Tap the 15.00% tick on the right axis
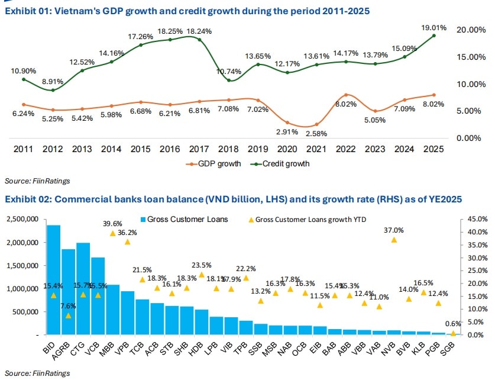pyautogui.click(x=471, y=57)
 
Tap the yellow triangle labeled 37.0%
pyautogui.click(x=394, y=240)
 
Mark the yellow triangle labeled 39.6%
pyautogui.click(x=113, y=233)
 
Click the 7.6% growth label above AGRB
pyautogui.click(x=69, y=306)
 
